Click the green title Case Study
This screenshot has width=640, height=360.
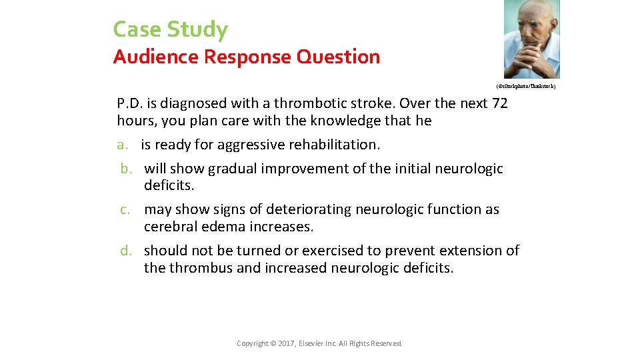click(x=170, y=29)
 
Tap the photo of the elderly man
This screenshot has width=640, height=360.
click(x=531, y=39)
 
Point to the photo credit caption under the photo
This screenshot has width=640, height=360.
click(x=525, y=87)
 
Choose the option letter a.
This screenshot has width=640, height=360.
click(x=121, y=145)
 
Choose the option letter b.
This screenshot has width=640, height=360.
click(x=127, y=169)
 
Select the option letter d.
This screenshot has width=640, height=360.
click(x=127, y=251)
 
